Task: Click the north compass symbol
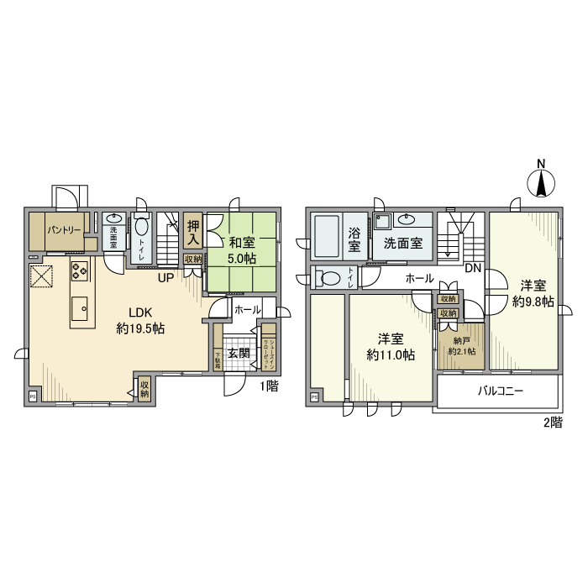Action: point(543,181)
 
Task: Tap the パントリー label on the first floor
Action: point(63,229)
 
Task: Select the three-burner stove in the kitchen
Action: point(80,270)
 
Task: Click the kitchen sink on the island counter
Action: point(81,307)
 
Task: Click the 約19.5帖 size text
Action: point(139,328)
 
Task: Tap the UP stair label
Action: point(165,278)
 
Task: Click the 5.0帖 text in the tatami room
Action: point(241,258)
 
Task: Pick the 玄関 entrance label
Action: point(239,353)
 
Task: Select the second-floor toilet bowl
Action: point(328,278)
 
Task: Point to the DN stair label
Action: point(472,269)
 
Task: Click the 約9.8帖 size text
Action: point(533,301)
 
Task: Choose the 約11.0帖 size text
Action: point(391,355)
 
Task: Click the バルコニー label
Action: point(501,391)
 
